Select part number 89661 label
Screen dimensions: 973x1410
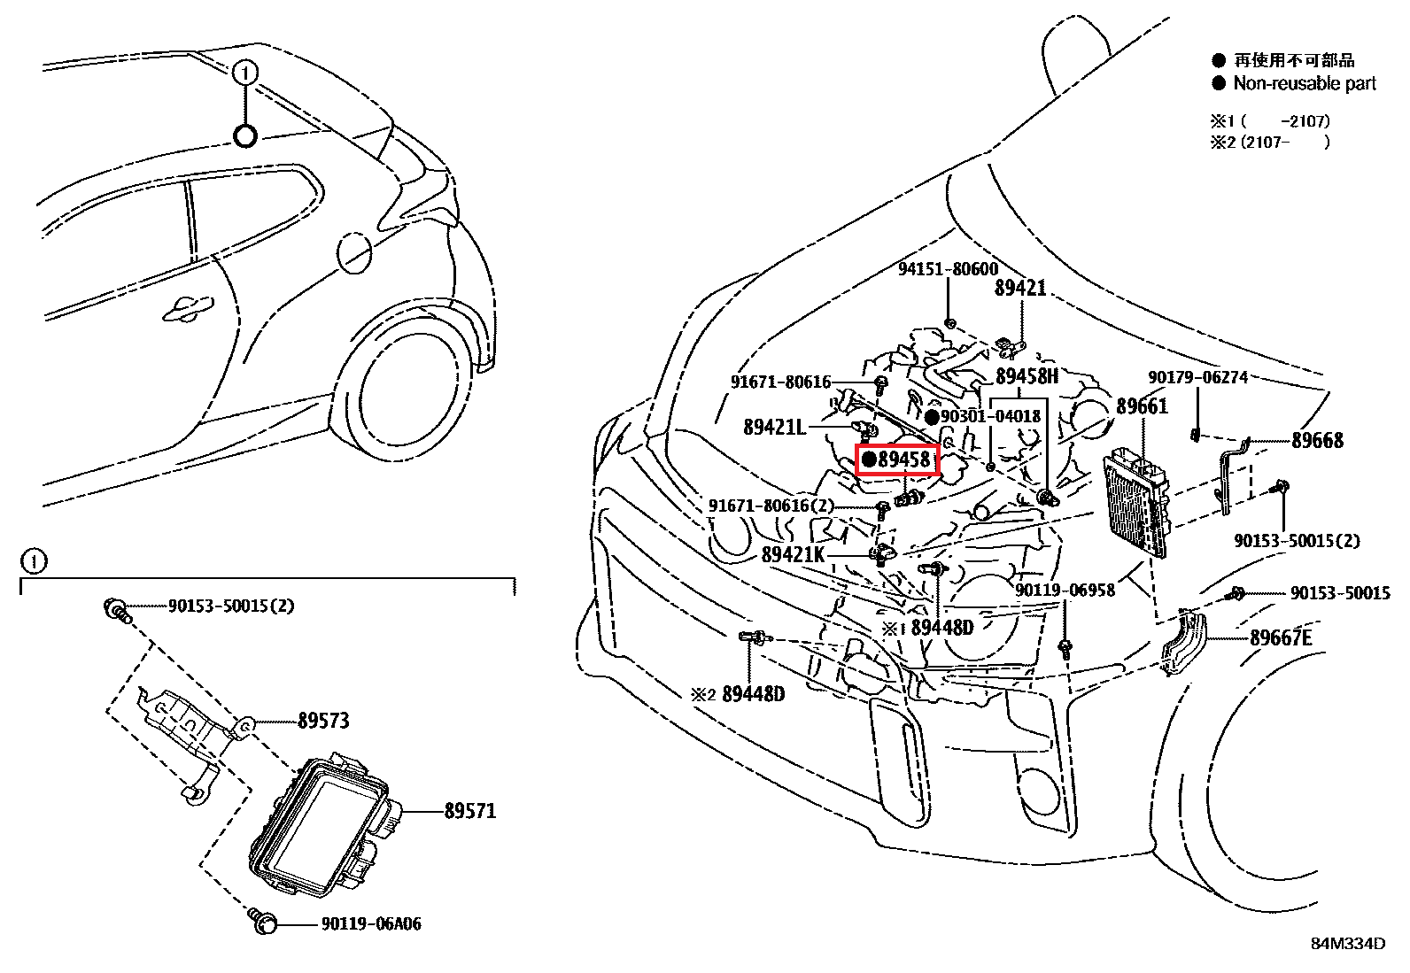pos(1142,406)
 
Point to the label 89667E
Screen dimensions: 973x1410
pos(1280,637)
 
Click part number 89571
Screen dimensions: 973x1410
pos(469,810)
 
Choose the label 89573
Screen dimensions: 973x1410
pos(323,721)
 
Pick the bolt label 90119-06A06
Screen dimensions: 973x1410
pos(370,924)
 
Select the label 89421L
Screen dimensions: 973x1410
pos(775,427)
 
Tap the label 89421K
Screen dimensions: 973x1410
pos(794,555)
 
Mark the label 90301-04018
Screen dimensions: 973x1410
pos(990,416)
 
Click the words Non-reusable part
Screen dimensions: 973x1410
pos(1305,83)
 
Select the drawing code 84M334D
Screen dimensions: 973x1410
pos(1348,944)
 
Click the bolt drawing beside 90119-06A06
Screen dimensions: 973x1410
pos(262,922)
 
